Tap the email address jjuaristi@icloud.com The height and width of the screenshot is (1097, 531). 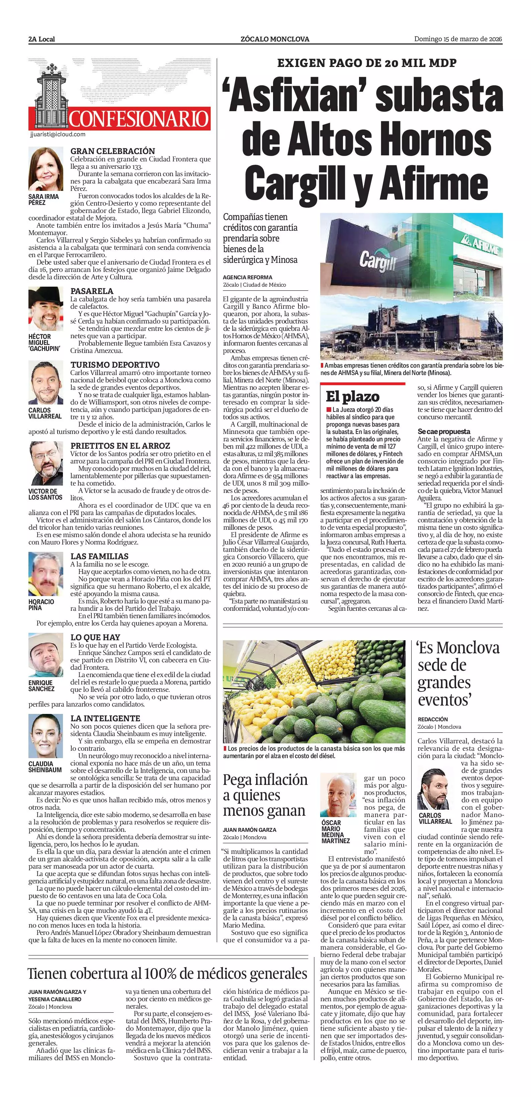point(58,135)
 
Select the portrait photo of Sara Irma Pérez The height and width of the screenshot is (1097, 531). point(46,169)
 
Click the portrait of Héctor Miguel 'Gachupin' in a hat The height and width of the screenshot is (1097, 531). point(46,309)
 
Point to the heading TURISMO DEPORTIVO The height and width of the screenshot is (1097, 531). point(115,365)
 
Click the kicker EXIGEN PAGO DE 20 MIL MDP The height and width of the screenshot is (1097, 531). point(367,63)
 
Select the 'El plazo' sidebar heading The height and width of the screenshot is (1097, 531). point(352,396)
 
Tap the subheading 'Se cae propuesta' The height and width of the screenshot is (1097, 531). point(444,431)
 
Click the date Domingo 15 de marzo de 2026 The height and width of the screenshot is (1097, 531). point(458,39)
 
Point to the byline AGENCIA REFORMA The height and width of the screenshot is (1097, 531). point(247,277)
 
